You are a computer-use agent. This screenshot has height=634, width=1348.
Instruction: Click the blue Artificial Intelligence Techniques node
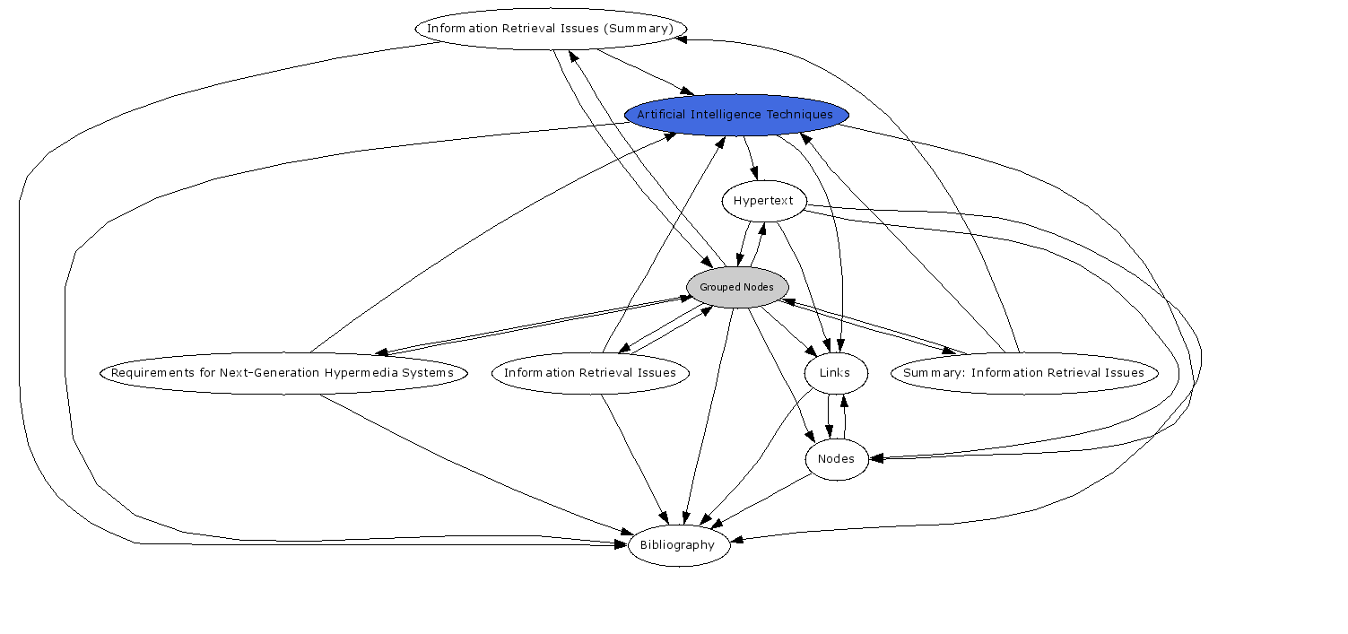tap(736, 115)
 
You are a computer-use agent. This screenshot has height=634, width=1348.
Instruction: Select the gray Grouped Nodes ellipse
tap(736, 287)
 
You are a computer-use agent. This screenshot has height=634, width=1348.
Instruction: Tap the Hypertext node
tap(763, 201)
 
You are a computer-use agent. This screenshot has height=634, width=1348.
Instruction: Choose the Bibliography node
tap(678, 545)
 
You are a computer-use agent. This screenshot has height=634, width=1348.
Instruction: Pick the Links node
tap(836, 373)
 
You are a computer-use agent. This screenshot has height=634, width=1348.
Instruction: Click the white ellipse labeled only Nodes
tap(837, 459)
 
